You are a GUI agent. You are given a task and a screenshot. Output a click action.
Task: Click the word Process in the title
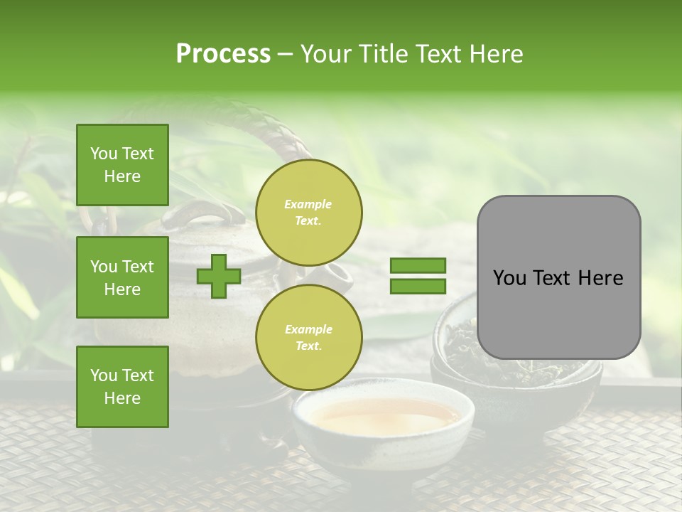(x=223, y=54)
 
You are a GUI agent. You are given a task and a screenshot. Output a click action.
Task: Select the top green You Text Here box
(x=122, y=165)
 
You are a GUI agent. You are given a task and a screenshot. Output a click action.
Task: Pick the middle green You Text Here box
(x=122, y=277)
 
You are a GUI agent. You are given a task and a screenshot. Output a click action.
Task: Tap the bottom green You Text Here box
(x=122, y=386)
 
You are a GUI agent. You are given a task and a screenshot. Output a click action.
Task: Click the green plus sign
(x=218, y=276)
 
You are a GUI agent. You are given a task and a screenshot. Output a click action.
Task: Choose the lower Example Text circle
(x=308, y=338)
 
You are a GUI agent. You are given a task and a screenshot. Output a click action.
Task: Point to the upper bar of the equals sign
(x=418, y=266)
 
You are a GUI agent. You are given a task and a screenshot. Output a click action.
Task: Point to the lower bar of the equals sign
(x=418, y=286)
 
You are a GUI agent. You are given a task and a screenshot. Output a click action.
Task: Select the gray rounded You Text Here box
(x=558, y=277)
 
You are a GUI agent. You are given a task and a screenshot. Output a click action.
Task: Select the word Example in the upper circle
(x=308, y=204)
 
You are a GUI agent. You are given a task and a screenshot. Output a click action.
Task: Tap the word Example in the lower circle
(x=308, y=329)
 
